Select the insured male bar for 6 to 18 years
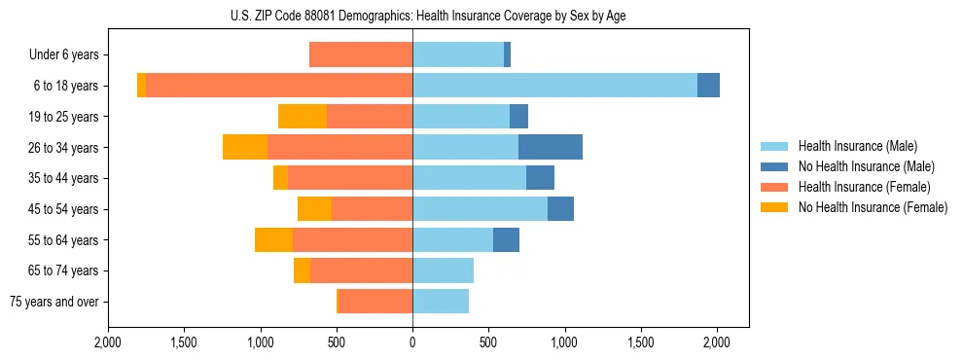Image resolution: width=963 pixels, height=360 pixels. [554, 86]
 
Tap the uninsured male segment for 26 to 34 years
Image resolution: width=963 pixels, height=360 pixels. [551, 147]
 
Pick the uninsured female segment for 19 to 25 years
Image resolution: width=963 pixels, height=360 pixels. [303, 117]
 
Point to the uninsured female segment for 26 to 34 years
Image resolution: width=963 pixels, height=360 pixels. [245, 147]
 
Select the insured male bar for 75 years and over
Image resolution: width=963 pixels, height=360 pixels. [441, 302]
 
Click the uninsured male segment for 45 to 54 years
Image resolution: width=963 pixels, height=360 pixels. [560, 209]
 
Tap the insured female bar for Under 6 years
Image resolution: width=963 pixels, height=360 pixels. [361, 54]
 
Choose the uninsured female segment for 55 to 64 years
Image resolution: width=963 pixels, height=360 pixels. [274, 239]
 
